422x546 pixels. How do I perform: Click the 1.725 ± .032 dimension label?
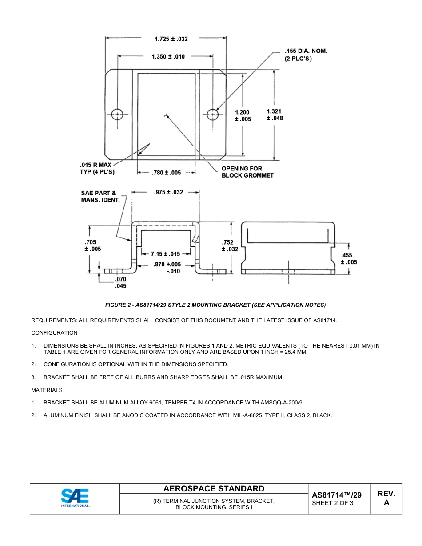(x=171, y=39)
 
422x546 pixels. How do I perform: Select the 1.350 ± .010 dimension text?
(x=168, y=57)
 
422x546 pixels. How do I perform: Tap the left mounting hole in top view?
(x=117, y=115)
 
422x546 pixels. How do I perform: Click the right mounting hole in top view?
(x=213, y=115)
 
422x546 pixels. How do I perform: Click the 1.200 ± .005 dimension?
(x=243, y=115)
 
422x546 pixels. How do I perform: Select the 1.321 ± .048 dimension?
(x=275, y=115)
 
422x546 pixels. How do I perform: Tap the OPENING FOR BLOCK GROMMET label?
(x=247, y=172)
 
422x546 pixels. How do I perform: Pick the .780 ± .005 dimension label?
(x=166, y=173)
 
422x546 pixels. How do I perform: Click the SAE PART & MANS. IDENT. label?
(x=100, y=197)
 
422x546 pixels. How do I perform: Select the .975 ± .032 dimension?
(x=168, y=192)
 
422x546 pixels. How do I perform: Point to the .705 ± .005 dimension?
(x=92, y=245)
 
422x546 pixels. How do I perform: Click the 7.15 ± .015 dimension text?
(x=165, y=254)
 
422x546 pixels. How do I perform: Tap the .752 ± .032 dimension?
(x=230, y=245)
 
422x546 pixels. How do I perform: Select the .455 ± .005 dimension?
(x=349, y=259)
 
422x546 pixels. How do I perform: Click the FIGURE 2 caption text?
(x=215, y=305)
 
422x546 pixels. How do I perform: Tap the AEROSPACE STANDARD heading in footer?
(x=214, y=489)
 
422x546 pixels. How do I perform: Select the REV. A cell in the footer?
(x=386, y=499)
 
